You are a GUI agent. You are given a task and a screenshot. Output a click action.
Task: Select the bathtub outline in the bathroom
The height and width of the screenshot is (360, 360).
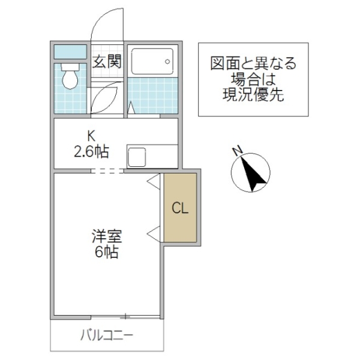coord(152,61)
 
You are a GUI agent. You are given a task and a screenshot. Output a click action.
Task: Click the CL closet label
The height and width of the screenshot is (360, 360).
coord(181,208)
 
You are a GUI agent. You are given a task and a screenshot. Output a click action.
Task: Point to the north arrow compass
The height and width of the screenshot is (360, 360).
coord(251,173)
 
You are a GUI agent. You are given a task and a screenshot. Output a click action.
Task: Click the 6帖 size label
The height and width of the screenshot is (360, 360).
coord(106,252)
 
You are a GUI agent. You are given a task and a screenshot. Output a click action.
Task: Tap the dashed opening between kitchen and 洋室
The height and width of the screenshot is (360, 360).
coord(107,170)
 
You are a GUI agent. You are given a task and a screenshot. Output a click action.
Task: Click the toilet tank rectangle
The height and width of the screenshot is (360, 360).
coord(71,53)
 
